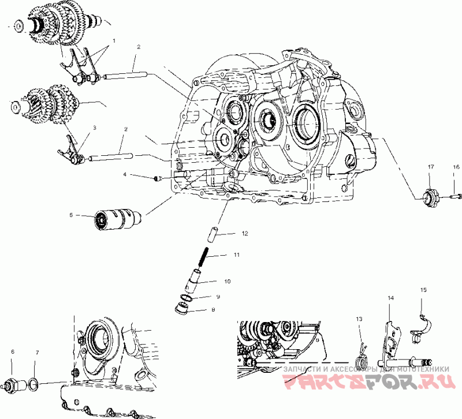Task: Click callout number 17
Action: [430, 167]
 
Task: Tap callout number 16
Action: [456, 167]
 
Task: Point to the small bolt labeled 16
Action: [453, 197]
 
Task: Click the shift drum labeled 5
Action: [119, 220]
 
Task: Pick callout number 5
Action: [71, 215]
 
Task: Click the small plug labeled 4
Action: [157, 178]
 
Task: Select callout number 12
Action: [244, 234]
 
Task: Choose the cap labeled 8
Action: [182, 308]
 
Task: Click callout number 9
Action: [218, 297]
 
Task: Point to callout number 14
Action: [391, 298]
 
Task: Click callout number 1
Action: [114, 41]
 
